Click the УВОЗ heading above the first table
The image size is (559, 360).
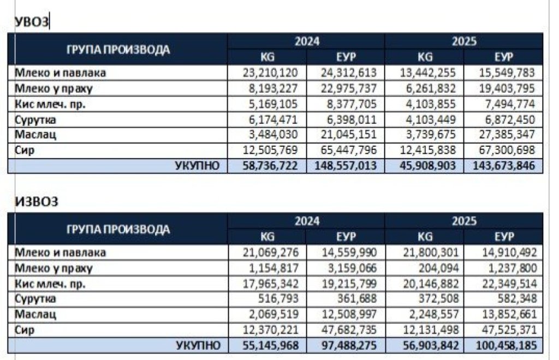click(32, 22)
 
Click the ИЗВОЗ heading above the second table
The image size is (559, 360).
click(37, 202)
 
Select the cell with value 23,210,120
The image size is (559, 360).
click(271, 73)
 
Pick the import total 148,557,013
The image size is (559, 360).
click(346, 166)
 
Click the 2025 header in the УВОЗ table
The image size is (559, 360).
click(464, 41)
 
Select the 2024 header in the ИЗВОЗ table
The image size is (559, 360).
click(307, 221)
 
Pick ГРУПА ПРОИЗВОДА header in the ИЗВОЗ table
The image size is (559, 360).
click(118, 229)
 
